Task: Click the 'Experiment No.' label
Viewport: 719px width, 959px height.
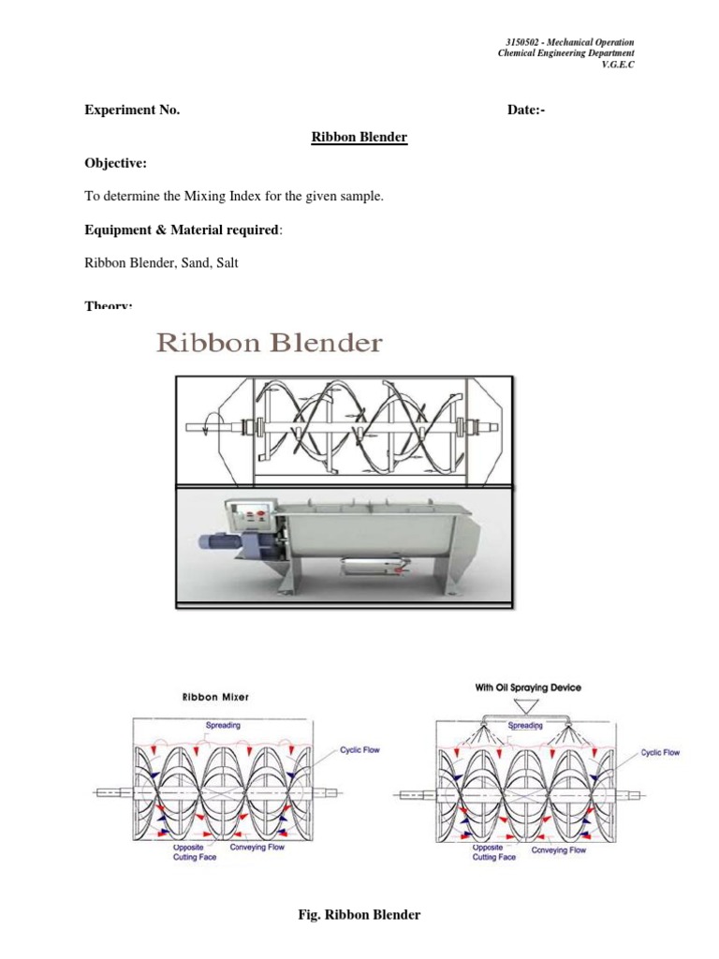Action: (132, 111)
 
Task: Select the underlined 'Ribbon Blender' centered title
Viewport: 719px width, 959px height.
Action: (359, 138)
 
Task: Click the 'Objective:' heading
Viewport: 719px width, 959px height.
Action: (115, 164)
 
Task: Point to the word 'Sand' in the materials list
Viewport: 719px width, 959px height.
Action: (190, 263)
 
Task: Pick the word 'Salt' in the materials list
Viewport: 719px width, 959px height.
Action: (225, 263)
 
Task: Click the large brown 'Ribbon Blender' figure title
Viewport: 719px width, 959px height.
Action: (269, 343)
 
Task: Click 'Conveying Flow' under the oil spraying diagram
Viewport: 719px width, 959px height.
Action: (558, 849)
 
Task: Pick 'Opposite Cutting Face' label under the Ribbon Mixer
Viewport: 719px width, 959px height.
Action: (193, 851)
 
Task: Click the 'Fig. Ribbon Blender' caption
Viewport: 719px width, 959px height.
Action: (359, 915)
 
